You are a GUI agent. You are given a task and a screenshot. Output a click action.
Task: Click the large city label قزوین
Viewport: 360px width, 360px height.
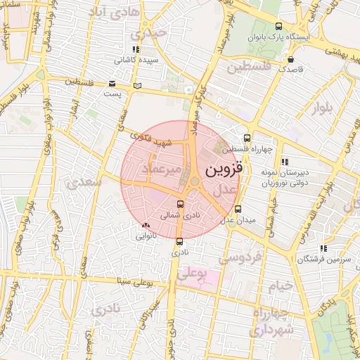coord(224,170)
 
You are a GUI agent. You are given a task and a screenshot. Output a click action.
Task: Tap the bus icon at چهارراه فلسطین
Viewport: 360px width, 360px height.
coord(247,138)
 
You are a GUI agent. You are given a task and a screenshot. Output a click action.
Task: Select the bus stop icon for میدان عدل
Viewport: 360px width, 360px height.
coord(238,209)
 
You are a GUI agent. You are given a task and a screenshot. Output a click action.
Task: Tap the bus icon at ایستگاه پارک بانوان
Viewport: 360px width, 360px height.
coord(254,25)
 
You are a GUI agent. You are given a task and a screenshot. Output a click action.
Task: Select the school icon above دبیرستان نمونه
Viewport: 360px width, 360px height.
coord(283,161)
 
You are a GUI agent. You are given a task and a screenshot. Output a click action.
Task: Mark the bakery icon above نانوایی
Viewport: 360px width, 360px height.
coord(146,225)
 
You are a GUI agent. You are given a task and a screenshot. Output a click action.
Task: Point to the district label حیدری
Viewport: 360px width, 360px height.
coord(153,32)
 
